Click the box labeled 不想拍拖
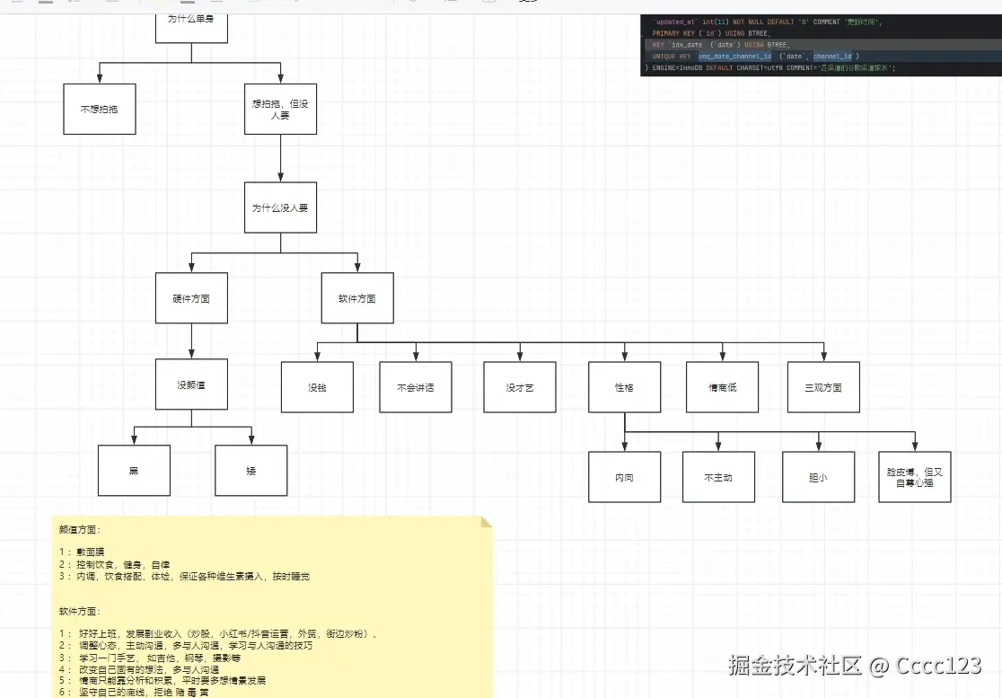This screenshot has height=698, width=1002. pyautogui.click(x=99, y=109)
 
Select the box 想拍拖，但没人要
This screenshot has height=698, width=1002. pyautogui.click(x=280, y=109)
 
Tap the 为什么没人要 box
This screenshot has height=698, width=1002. pyautogui.click(x=280, y=208)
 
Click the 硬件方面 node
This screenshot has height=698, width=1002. pyautogui.click(x=191, y=298)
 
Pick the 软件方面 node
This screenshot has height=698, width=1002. pyautogui.click(x=357, y=298)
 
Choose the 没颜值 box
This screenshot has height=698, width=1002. pyautogui.click(x=191, y=385)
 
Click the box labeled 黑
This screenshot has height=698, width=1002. pyautogui.click(x=134, y=470)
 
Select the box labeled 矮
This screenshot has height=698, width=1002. pyautogui.click(x=251, y=470)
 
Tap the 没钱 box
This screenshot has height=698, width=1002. pyautogui.click(x=317, y=387)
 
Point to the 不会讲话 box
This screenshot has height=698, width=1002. pyautogui.click(x=415, y=387)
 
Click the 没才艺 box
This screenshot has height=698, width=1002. pyautogui.click(x=520, y=387)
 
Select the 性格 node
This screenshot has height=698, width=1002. pyautogui.click(x=625, y=387)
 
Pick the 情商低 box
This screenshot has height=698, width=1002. pyautogui.click(x=722, y=387)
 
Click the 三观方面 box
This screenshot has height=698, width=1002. pyautogui.click(x=823, y=387)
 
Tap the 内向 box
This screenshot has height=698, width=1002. pyautogui.click(x=625, y=477)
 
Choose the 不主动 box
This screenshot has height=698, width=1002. pyautogui.click(x=718, y=477)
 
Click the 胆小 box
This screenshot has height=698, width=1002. pyautogui.click(x=818, y=477)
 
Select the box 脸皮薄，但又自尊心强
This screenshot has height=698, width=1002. pyautogui.click(x=914, y=477)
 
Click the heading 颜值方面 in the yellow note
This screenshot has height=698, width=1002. pyautogui.click(x=81, y=530)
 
